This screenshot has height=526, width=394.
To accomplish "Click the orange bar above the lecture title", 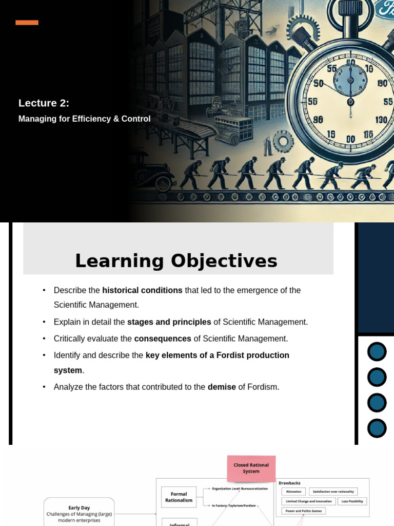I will [27, 23].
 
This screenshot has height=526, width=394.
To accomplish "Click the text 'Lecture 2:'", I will [44, 103].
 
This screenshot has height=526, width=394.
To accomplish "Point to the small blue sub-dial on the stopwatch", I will [350, 80].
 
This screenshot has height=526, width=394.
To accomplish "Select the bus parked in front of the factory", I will [233, 128].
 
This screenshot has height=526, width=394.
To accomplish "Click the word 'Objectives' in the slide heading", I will [224, 261].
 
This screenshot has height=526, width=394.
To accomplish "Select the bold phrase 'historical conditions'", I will [142, 290].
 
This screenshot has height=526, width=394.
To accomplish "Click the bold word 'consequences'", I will [163, 339].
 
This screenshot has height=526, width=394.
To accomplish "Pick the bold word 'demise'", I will [222, 387].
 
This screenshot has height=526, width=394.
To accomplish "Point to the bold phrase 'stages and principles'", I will [169, 322].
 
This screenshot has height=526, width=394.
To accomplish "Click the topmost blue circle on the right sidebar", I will [377, 352].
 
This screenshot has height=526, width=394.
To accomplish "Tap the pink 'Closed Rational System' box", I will [251, 468].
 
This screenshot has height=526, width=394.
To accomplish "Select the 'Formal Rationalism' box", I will [179, 497].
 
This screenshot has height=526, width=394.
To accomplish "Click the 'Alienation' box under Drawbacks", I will [294, 492].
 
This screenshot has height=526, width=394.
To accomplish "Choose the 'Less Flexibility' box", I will [351, 501].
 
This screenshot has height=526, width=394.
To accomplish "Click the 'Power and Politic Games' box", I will [304, 511].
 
